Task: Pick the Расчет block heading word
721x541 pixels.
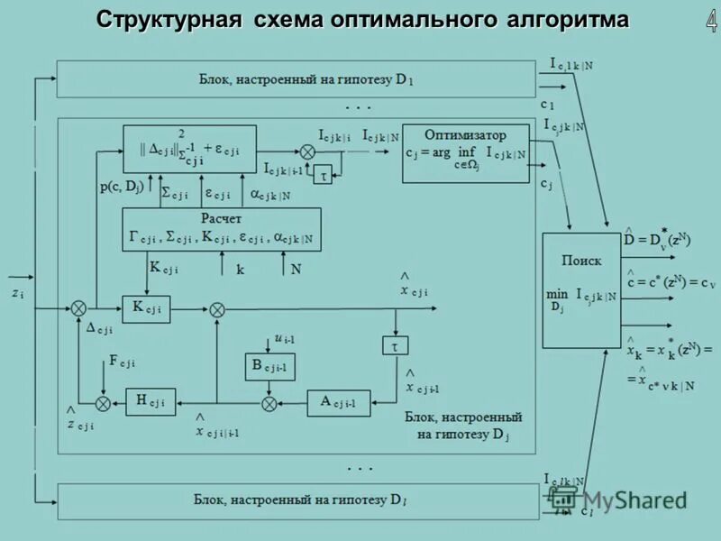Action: [221, 218]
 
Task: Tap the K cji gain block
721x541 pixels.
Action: [146, 308]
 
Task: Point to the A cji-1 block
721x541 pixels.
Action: [339, 402]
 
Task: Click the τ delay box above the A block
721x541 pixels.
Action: [395, 346]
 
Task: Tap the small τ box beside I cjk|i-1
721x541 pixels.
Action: [322, 177]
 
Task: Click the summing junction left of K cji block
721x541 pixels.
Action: [78, 308]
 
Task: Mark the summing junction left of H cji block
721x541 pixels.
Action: [103, 401]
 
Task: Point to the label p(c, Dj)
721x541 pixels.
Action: [123, 188]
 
